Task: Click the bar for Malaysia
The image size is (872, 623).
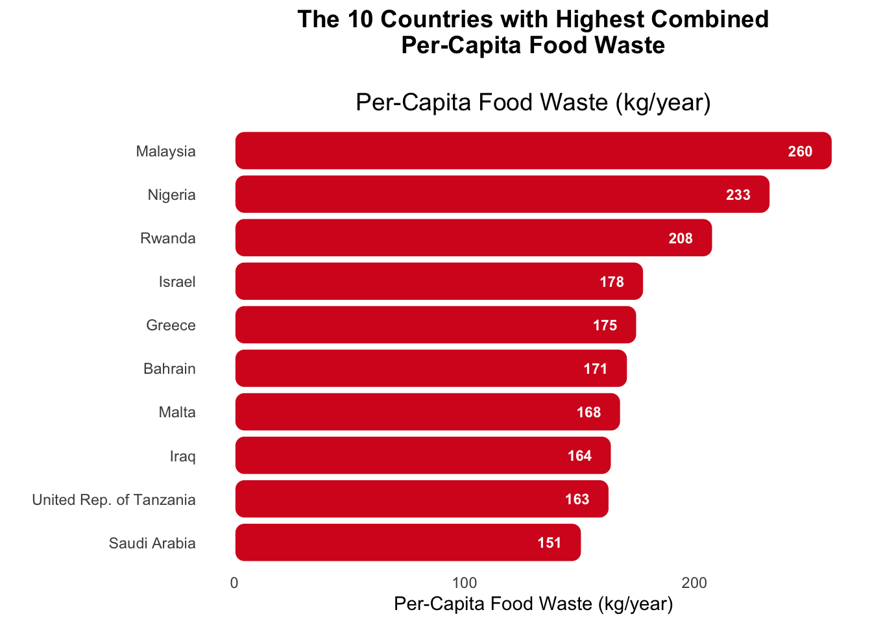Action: (x=532, y=151)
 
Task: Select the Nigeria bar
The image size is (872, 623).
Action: (x=501, y=194)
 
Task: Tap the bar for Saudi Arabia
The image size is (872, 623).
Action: (x=407, y=543)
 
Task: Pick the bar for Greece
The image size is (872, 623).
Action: (x=435, y=324)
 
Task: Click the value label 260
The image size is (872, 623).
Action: (x=800, y=151)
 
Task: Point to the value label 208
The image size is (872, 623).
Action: (x=681, y=238)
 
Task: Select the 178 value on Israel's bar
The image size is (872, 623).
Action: (x=612, y=282)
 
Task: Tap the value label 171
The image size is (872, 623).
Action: (x=596, y=369)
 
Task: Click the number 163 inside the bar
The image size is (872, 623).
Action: (x=577, y=499)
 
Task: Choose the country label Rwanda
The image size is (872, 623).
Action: (x=168, y=238)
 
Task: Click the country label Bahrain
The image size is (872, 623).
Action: (x=169, y=369)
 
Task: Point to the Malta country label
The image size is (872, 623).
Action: (x=177, y=412)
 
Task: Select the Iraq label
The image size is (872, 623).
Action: (x=182, y=456)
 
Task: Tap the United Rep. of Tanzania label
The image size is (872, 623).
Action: (x=114, y=499)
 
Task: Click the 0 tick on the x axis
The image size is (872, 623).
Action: (x=234, y=583)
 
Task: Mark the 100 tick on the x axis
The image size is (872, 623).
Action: (x=465, y=583)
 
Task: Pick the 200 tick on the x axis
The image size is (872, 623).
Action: (x=694, y=583)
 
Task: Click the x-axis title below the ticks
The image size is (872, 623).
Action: (x=533, y=604)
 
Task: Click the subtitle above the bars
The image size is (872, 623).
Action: (x=533, y=103)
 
